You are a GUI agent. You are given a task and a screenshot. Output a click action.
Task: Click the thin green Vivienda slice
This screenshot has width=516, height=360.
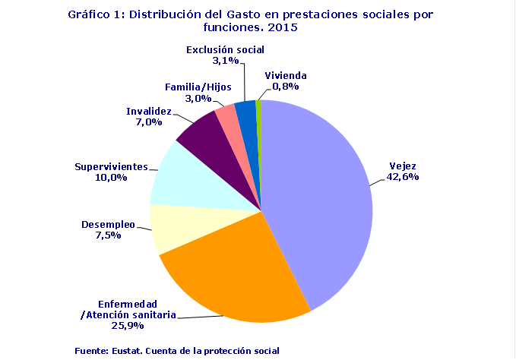(259, 110)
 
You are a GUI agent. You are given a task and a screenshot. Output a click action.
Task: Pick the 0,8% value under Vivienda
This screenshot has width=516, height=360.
(286, 87)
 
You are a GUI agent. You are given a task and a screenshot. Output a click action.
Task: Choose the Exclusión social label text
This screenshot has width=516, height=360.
(225, 50)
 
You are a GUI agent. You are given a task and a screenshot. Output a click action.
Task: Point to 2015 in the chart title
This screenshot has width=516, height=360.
(283, 27)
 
